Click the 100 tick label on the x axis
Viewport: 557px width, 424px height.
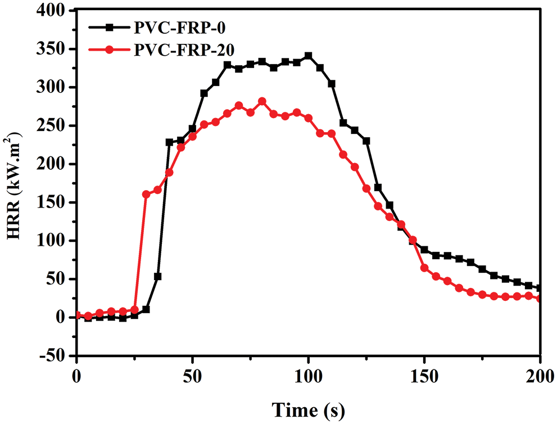coord(308,374)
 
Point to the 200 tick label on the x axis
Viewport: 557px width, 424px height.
coord(540,374)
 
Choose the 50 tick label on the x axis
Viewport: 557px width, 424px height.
coord(192,374)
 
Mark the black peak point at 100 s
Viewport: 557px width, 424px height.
coord(308,56)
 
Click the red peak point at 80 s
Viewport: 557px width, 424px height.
coord(262,101)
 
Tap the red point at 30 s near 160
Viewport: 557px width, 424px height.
coord(146,194)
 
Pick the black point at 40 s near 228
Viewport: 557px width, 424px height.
coord(169,142)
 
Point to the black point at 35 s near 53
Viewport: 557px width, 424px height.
coord(158,276)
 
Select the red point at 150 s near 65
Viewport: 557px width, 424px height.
coord(424,268)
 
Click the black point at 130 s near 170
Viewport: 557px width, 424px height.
coord(378,187)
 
